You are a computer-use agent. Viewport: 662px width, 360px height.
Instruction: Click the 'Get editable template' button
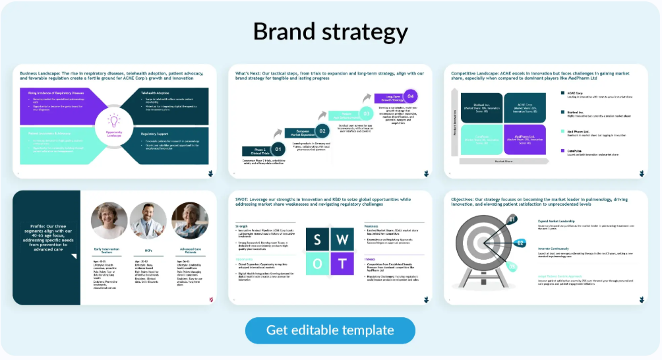[x=330, y=330]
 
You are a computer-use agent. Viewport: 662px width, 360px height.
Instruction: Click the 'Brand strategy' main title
[x=330, y=32]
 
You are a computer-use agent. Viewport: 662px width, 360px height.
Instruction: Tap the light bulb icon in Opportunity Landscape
[x=114, y=121]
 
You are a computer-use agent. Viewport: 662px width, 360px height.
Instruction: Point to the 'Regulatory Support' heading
[x=158, y=134]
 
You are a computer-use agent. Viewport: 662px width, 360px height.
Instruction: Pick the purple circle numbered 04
[x=411, y=96]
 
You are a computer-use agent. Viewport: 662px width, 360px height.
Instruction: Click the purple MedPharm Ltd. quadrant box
[x=525, y=140]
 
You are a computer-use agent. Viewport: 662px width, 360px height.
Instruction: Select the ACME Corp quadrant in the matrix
[x=525, y=107]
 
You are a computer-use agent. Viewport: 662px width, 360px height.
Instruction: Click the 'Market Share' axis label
[x=503, y=161]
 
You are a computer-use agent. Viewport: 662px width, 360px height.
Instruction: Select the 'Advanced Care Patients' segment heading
[x=190, y=251]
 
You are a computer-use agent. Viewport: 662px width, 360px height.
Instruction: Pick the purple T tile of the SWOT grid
[x=342, y=264]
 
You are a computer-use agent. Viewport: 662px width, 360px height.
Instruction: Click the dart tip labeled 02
[x=521, y=243]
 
